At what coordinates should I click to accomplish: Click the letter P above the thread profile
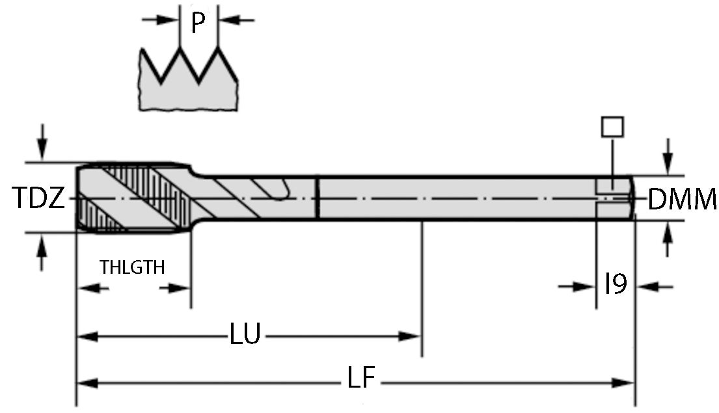[198, 23]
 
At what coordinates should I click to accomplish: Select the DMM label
[683, 199]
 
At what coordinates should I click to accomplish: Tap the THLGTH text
[132, 267]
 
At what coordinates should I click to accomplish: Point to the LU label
[245, 336]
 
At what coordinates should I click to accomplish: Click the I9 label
[615, 285]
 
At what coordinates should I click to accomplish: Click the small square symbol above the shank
[612, 126]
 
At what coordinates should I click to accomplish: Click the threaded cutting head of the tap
[133, 197]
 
